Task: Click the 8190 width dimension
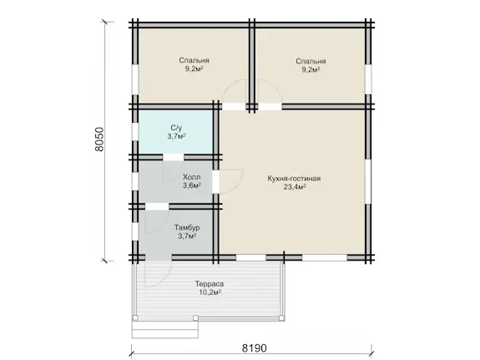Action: [254, 348]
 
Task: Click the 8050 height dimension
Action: [100, 139]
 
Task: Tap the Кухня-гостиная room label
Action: [294, 178]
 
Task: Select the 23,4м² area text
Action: [295, 186]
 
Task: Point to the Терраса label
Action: [210, 284]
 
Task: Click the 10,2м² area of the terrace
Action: [210, 292]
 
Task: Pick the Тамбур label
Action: [187, 228]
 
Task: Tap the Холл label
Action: [192, 177]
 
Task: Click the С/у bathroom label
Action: [176, 128]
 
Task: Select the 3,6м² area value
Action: [192, 185]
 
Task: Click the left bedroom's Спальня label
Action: [194, 60]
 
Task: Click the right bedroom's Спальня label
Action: [311, 61]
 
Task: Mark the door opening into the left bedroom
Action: [234, 107]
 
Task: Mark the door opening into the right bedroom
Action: [270, 107]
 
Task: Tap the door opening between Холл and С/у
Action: [174, 157]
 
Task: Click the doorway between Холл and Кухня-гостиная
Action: [216, 182]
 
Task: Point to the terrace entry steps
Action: [165, 329]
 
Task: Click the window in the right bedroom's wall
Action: [368, 79]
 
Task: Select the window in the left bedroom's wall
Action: [135, 79]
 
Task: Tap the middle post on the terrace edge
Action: [195, 318]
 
